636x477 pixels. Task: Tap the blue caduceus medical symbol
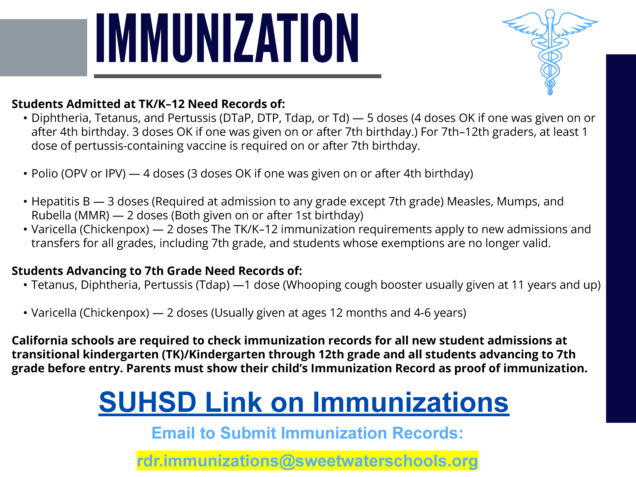tap(550, 52)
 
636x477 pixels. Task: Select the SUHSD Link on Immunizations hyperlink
tap(304, 402)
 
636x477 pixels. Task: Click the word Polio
tap(45, 174)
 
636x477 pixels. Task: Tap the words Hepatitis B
tap(61, 202)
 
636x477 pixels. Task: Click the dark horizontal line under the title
tap(237, 76)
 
